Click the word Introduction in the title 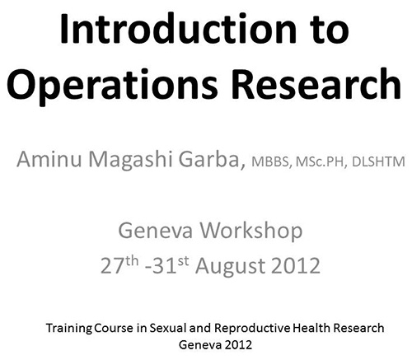[x=178, y=28]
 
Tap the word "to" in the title [x=329, y=30]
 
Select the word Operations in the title [x=112, y=84]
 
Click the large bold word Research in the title [x=316, y=83]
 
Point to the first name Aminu [x=49, y=159]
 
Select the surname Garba [x=212, y=159]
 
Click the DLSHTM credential [x=378, y=161]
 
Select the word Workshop [x=251, y=231]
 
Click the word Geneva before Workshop [x=155, y=231]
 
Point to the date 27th [x=119, y=265]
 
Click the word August [x=231, y=266]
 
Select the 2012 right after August [x=296, y=265]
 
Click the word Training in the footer [x=68, y=329]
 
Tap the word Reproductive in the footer [x=252, y=329]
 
